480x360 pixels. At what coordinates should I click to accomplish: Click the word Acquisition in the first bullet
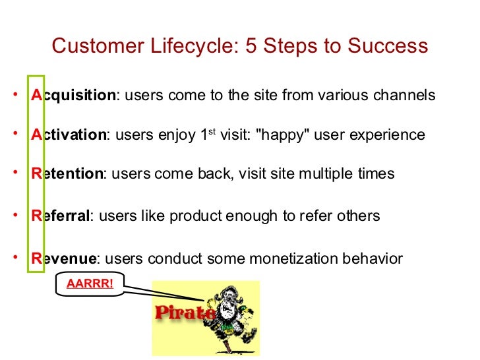(x=73, y=96)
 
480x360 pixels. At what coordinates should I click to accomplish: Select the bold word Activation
(x=69, y=135)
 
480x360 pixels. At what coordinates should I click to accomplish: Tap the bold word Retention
(x=67, y=174)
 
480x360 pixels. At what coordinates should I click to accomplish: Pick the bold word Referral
(x=61, y=216)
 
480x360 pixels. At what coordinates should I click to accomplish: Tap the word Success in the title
(x=388, y=47)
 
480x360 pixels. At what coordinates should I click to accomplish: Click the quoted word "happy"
(x=282, y=135)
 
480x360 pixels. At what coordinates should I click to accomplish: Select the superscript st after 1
(x=212, y=132)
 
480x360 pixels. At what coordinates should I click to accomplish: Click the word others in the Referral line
(x=359, y=216)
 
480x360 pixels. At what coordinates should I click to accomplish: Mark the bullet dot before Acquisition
(x=14, y=94)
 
